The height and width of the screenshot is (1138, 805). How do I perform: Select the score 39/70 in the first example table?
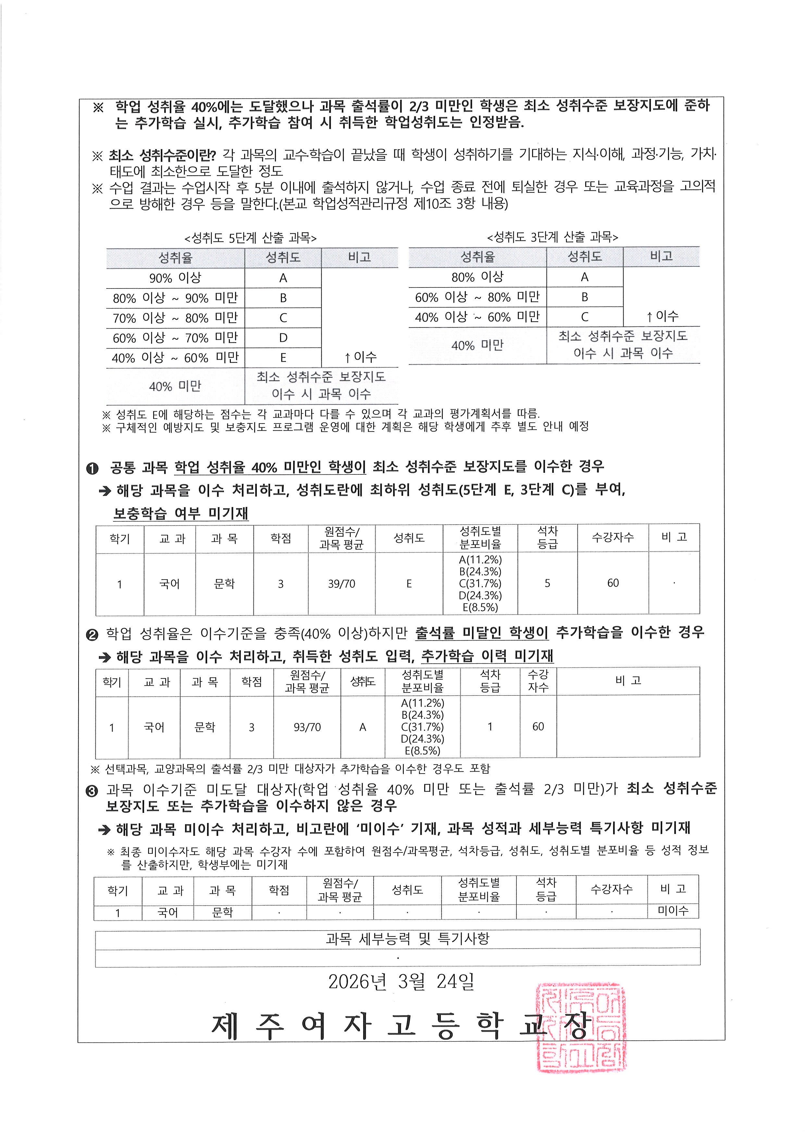341,584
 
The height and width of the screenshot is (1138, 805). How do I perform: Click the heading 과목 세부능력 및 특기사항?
407,938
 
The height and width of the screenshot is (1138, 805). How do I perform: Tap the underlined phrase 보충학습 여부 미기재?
180,513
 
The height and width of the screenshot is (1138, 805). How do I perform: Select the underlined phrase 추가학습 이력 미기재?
487,656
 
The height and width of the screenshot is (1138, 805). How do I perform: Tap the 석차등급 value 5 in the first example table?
547,583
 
